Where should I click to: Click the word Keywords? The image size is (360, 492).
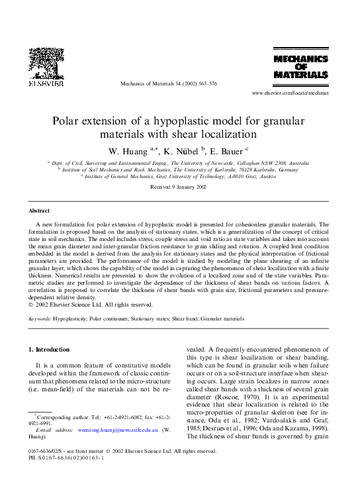(41, 319)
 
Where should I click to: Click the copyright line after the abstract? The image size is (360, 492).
(91, 305)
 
